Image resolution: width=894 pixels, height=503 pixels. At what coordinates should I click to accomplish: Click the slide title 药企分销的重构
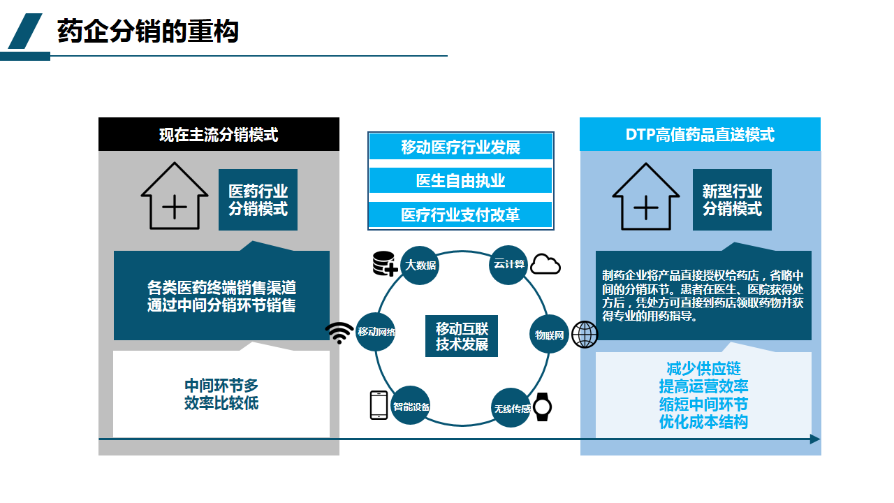point(148,31)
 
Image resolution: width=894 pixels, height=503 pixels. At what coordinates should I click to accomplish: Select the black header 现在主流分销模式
point(219,134)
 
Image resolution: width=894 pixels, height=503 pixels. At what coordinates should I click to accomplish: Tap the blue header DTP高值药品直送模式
point(700,134)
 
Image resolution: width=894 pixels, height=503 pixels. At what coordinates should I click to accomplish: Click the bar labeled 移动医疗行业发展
point(461,147)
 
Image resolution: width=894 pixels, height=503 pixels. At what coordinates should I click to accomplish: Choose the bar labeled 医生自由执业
point(461,181)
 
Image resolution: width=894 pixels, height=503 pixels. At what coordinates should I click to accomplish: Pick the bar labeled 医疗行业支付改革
point(461,214)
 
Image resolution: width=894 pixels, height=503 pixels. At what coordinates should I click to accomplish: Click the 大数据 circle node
point(420,265)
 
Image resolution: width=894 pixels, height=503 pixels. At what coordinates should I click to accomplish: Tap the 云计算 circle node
point(508,265)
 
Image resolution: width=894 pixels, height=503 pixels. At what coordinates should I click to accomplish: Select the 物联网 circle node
point(549,334)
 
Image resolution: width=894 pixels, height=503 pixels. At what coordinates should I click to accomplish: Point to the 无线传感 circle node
point(511,408)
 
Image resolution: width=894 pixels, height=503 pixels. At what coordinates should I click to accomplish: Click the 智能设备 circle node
point(411,406)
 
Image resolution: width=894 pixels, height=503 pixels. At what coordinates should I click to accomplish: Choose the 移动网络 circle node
point(376,332)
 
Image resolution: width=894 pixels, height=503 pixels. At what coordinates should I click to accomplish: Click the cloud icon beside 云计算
point(545,265)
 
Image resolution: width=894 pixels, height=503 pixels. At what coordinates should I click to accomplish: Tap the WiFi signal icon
point(340,333)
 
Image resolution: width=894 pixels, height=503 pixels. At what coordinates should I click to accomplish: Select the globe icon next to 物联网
point(585,335)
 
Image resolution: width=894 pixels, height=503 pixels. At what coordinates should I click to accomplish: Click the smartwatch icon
point(543,407)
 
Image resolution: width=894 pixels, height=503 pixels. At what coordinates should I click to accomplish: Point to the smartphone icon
point(379,405)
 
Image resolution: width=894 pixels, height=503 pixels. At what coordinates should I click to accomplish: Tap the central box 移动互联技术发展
point(462,336)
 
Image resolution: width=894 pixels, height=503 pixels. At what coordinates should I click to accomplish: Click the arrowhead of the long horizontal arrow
point(815,439)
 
